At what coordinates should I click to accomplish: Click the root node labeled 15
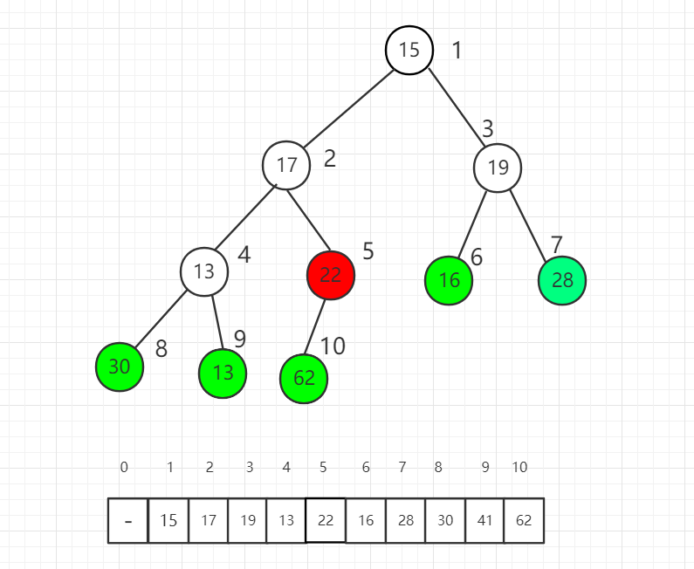click(x=409, y=50)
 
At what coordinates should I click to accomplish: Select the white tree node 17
click(x=286, y=165)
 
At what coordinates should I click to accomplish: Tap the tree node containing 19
click(x=498, y=167)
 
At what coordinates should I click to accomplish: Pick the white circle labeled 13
click(x=204, y=271)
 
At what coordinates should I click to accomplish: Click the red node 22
click(x=331, y=275)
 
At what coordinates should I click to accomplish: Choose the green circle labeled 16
click(x=449, y=280)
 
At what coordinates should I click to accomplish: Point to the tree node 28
click(x=562, y=280)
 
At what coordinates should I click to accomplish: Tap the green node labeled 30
click(x=120, y=367)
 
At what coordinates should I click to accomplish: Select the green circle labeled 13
click(x=223, y=373)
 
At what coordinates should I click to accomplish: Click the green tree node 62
click(x=304, y=378)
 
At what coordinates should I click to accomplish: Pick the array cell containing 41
click(x=484, y=520)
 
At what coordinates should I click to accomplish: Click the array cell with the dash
click(x=128, y=520)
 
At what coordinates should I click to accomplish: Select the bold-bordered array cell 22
click(x=326, y=520)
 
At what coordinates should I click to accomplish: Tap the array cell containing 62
click(x=524, y=520)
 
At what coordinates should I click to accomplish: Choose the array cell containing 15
click(x=168, y=520)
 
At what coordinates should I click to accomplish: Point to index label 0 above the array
click(x=124, y=468)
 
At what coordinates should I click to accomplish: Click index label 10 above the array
click(x=519, y=468)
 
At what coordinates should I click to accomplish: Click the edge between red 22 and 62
click(x=316, y=327)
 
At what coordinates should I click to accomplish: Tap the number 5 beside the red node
click(x=368, y=251)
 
